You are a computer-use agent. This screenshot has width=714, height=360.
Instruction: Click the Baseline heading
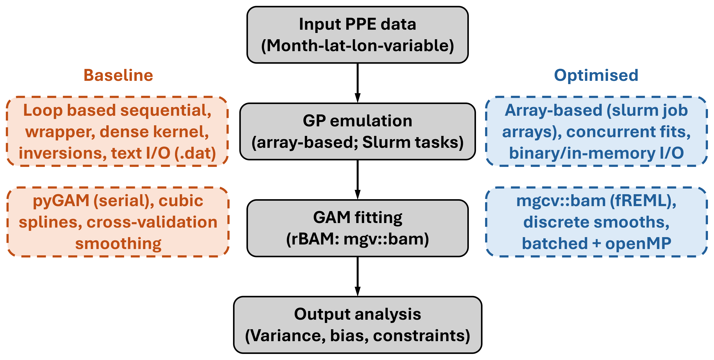click(118, 75)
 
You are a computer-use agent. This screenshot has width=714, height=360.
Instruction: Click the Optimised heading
click(596, 75)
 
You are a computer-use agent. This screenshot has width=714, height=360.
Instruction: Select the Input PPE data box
click(358, 35)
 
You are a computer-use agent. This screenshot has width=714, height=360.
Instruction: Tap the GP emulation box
click(358, 132)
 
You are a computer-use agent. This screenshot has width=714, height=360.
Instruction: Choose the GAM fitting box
click(358, 228)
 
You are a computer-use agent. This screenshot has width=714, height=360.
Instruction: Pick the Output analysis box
click(358, 325)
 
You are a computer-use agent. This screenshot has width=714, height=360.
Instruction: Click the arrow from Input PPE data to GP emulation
click(358, 83)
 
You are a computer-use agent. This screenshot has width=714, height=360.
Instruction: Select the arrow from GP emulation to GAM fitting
click(358, 180)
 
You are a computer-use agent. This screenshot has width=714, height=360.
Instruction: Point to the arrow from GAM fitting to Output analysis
click(358, 277)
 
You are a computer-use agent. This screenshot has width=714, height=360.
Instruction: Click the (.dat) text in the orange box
click(195, 153)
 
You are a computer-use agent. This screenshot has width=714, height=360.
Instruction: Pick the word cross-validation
click(152, 222)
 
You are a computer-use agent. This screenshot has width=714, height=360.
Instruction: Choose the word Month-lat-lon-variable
click(358, 46)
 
